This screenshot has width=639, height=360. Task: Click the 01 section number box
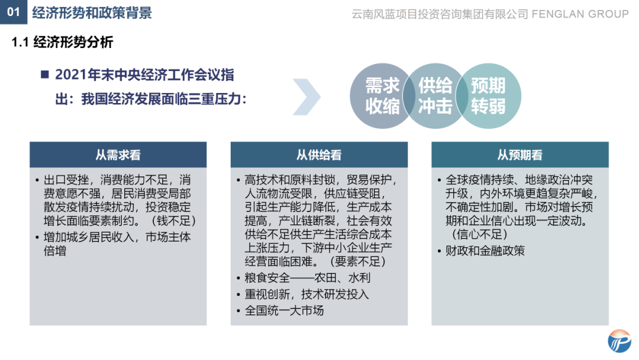tap(13, 12)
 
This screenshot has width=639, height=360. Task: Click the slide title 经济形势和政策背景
tap(92, 12)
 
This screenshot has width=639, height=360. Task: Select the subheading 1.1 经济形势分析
tap(62, 42)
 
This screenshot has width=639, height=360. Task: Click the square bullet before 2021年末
tap(44, 75)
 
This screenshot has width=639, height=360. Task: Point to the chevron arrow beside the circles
tap(306, 97)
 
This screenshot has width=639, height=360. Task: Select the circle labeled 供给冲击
tap(435, 96)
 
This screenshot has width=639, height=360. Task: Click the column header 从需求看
tap(118, 155)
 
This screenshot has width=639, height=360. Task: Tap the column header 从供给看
tap(319, 155)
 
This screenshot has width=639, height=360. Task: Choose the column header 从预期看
tap(519, 155)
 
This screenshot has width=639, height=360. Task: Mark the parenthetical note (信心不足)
tap(476, 234)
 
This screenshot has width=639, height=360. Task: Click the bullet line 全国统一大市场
tap(285, 310)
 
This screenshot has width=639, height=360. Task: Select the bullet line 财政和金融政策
tap(485, 250)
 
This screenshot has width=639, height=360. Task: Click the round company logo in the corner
tap(619, 342)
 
